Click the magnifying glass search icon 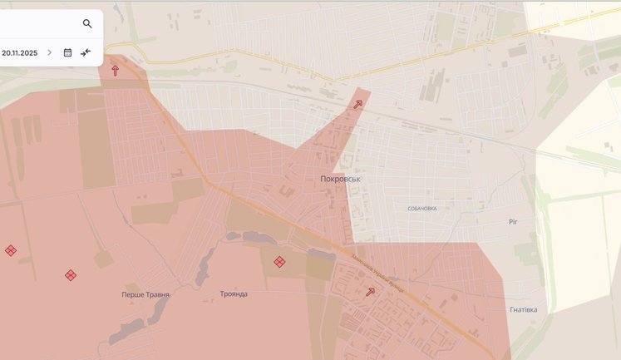[x=87, y=24]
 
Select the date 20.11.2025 [x=20, y=52]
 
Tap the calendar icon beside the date [x=68, y=52]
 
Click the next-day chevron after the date [x=49, y=52]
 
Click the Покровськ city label [x=340, y=179]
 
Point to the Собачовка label [x=422, y=208]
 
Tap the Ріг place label [x=514, y=222]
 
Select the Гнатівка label [x=523, y=309]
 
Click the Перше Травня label [x=145, y=294]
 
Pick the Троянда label [x=234, y=293]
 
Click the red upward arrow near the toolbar [x=115, y=71]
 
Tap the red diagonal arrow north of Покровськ [x=358, y=104]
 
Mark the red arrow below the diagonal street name [x=371, y=291]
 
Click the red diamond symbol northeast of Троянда [x=279, y=262]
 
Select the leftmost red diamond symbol [x=11, y=250]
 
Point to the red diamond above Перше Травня [x=71, y=275]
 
